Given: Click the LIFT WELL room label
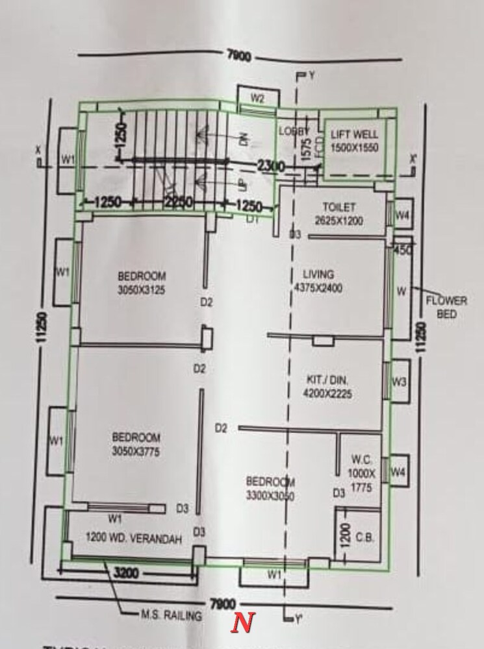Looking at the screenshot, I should (354, 134).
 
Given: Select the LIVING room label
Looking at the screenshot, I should (318, 274).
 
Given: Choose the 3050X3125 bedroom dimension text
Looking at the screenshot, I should (142, 290).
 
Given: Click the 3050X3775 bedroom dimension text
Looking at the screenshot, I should (136, 452).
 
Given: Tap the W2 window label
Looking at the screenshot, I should (257, 99).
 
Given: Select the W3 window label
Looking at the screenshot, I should (399, 382).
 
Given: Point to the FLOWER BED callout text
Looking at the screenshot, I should (446, 307).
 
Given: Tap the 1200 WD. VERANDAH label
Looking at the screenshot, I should (133, 539).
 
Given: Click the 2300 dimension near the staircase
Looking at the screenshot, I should (270, 167).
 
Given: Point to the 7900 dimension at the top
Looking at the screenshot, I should (239, 56).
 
